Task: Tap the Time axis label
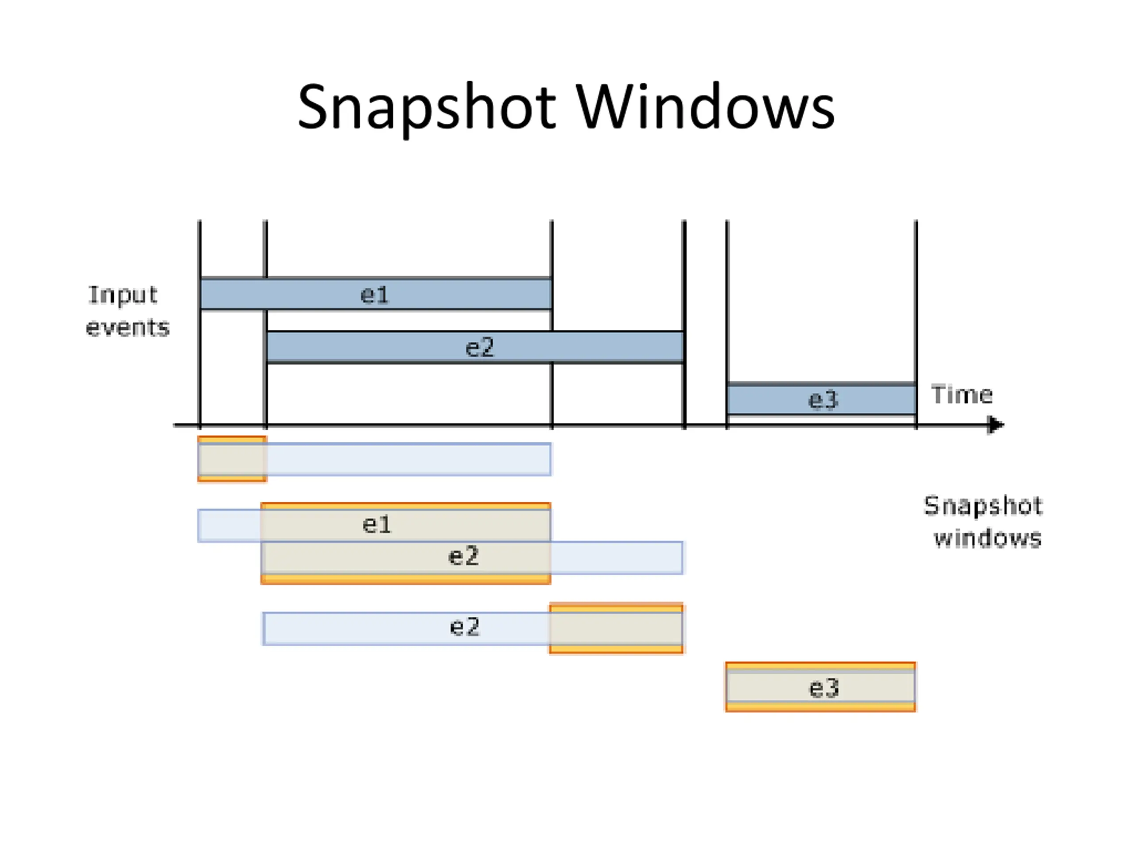click(962, 394)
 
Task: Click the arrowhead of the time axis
click(996, 425)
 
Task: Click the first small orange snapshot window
click(232, 459)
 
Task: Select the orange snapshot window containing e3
click(820, 687)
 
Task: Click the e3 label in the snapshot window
click(823, 688)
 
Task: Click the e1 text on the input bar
click(375, 295)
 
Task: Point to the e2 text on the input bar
click(479, 348)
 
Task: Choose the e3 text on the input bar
click(823, 400)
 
